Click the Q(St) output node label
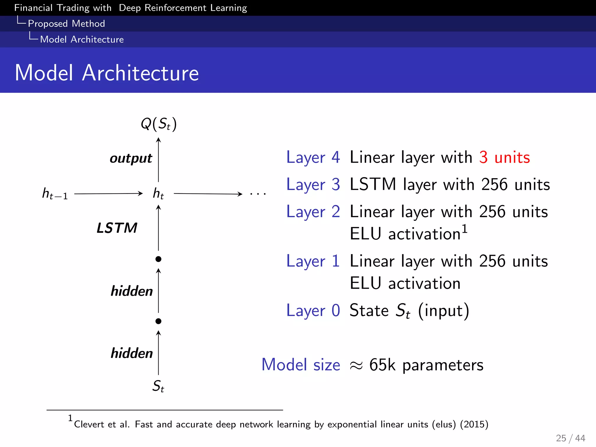(159, 124)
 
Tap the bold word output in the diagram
(131, 159)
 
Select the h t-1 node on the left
(55, 194)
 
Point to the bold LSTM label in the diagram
(117, 228)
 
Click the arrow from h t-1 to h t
(108, 194)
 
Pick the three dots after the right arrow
(258, 194)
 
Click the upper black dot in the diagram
(158, 259)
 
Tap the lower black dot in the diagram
(158, 321)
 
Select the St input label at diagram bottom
(158, 386)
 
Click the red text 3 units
(505, 157)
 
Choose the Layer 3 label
(313, 185)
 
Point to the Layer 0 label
(313, 311)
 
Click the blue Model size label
(301, 365)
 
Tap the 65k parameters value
(426, 365)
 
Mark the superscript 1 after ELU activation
(464, 229)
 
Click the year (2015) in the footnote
(474, 424)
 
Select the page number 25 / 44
(570, 438)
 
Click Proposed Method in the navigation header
(66, 24)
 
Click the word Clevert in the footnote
(89, 424)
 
